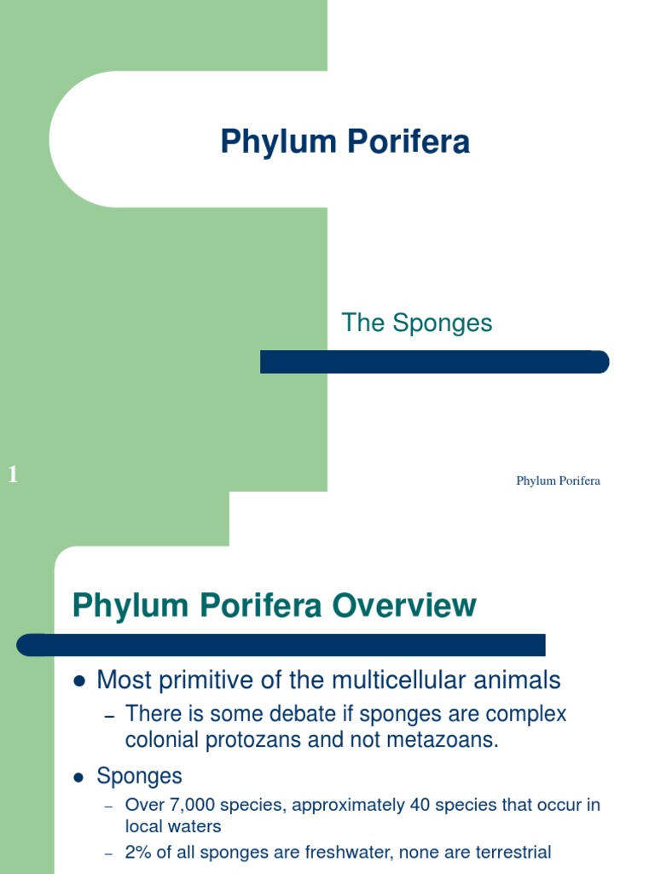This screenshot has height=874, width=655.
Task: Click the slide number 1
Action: point(13,475)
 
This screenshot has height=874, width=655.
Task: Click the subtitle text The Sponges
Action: point(417,323)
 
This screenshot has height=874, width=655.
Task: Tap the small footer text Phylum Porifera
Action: point(558,481)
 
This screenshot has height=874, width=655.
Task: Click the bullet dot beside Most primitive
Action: point(80,681)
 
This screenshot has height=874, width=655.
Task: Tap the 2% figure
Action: point(138,852)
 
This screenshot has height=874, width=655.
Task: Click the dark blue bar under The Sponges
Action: point(434,362)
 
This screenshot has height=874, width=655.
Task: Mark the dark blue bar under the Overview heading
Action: point(281,644)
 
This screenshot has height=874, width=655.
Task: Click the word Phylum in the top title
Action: point(275,142)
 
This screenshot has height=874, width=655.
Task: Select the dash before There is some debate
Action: point(109,715)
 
